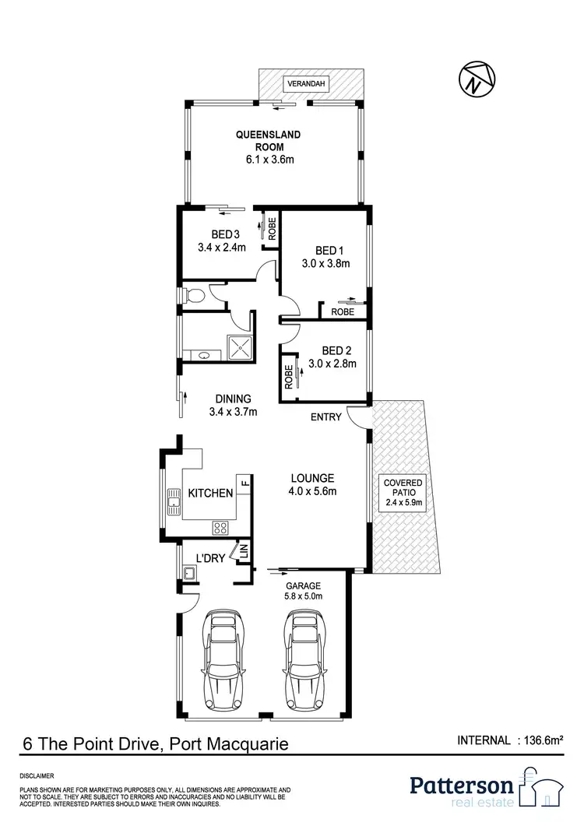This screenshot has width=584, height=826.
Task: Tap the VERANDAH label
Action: click(305, 83)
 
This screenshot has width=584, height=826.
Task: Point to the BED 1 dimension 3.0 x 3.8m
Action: click(326, 263)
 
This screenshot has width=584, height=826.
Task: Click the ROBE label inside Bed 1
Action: click(343, 311)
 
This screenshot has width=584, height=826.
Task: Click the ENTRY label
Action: click(325, 417)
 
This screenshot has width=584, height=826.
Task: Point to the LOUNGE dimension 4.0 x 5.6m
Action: click(312, 492)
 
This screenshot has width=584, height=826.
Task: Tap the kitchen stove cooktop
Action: click(220, 527)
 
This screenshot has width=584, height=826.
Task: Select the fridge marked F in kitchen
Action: click(243, 481)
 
